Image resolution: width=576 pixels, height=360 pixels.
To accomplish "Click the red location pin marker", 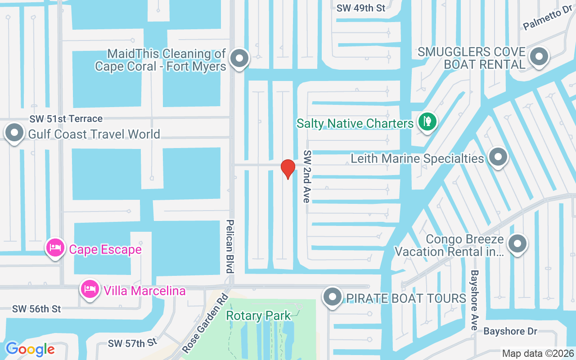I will (288, 169).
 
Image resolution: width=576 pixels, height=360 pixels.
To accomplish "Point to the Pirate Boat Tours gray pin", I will (333, 297).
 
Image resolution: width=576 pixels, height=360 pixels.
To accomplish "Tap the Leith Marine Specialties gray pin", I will (498, 157).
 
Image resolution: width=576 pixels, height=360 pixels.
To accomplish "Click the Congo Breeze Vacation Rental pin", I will (517, 244).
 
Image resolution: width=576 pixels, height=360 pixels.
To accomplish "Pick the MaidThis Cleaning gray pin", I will (239, 58).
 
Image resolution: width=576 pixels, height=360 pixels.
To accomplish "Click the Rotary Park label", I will (258, 316).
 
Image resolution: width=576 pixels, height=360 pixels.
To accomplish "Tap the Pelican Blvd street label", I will (230, 246).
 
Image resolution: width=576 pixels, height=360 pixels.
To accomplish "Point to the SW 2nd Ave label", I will (307, 176).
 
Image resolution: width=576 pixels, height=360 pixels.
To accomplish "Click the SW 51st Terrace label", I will (66, 119).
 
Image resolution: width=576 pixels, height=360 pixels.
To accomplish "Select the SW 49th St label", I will (361, 8).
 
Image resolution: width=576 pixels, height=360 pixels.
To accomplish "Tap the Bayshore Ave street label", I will (474, 300).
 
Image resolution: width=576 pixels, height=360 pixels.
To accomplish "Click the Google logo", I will (30, 349).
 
